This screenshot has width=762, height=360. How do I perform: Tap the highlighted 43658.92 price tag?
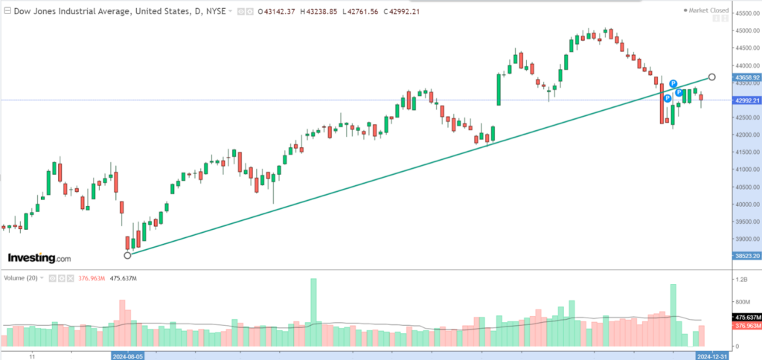746,77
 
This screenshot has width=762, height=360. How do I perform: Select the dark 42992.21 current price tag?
746,100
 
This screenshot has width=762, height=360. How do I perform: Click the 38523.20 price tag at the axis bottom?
746,255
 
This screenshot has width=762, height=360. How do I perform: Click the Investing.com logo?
39,258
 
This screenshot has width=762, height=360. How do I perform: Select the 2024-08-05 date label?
128,356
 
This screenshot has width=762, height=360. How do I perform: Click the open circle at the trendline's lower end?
127,255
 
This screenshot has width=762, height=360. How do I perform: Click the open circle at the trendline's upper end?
712,77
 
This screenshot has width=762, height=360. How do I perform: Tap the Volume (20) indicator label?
20,277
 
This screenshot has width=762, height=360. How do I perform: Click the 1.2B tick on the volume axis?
742,279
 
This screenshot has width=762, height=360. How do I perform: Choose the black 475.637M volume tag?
746,318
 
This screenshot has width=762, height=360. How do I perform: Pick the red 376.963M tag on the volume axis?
746,326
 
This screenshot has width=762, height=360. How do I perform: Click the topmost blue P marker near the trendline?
673,84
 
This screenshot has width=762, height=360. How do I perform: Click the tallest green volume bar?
313,312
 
